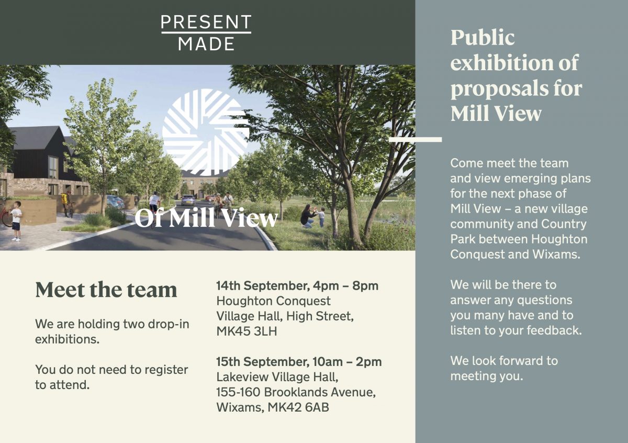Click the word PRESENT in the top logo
click(x=206, y=22)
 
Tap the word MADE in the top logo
click(x=206, y=44)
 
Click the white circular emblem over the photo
click(x=206, y=131)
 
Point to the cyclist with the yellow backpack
click(x=66, y=203)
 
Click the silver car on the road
click(x=188, y=200)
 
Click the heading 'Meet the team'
click(x=106, y=290)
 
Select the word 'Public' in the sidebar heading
click(x=483, y=38)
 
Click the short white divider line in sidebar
click(x=416, y=139)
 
